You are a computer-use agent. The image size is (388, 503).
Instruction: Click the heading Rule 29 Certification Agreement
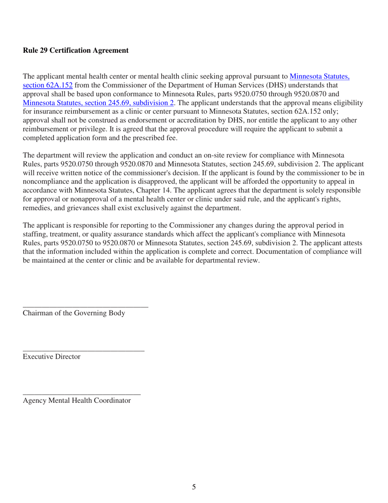point(76,51)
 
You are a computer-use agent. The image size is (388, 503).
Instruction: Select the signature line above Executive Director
point(83,350)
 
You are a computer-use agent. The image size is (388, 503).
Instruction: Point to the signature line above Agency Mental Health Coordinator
point(82,393)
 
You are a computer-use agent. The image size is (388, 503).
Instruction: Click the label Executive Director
point(51,357)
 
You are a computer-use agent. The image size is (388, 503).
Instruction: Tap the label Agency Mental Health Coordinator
point(77,401)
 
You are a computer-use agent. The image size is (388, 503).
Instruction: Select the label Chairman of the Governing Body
point(74,314)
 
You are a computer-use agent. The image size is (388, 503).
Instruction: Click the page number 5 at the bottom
point(194,487)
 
